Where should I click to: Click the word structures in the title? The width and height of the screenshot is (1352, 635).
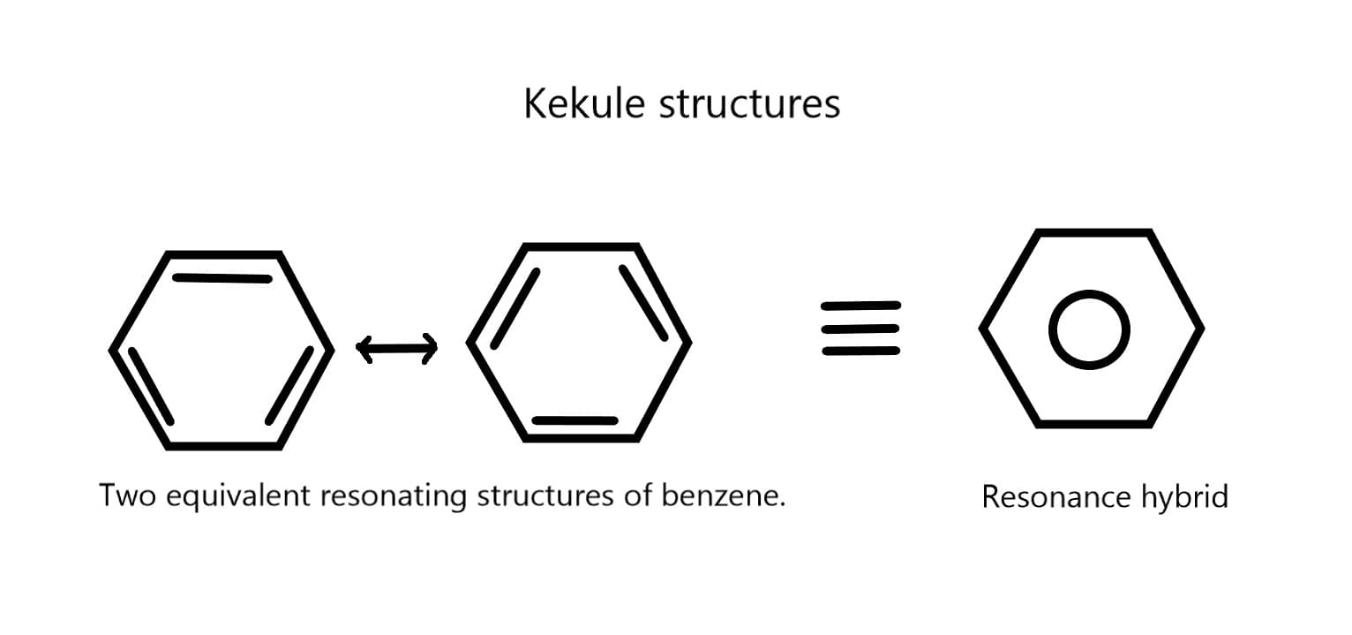click(750, 104)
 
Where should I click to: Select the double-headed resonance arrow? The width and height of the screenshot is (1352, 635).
click(396, 348)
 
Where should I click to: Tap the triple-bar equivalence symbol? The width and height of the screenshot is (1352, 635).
click(860, 329)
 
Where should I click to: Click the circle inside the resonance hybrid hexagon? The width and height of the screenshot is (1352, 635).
click(1089, 329)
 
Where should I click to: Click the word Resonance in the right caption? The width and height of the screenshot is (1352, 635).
click(1051, 497)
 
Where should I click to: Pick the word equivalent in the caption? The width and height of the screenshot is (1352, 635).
click(238, 496)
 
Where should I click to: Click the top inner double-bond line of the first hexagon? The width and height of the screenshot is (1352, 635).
click(222, 278)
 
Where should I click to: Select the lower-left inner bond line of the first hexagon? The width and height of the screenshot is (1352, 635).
click(151, 386)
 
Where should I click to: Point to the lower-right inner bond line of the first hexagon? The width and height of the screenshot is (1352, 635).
click(290, 386)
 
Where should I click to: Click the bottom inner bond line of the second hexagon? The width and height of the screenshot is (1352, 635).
click(575, 420)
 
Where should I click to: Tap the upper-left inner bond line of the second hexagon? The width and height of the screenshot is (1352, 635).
click(515, 306)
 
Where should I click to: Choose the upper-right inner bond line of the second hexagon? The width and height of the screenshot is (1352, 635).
click(643, 303)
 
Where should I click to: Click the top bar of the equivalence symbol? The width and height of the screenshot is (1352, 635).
click(860, 306)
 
